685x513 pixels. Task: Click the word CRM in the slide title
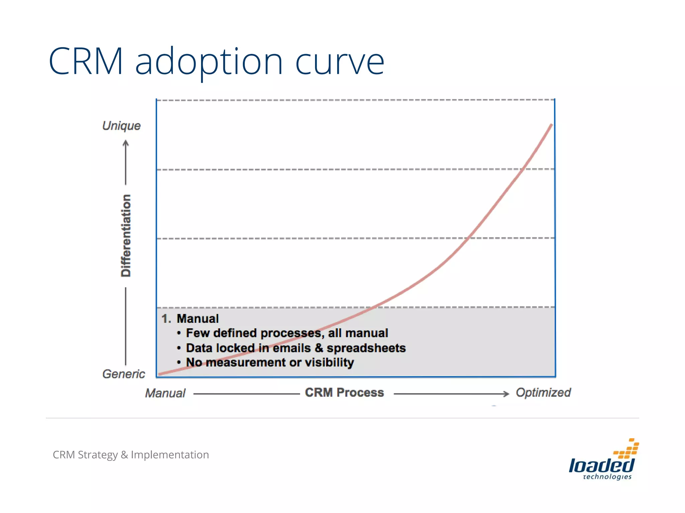[x=86, y=62]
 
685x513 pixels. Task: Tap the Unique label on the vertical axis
[x=121, y=126]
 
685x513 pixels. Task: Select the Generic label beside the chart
[x=123, y=374]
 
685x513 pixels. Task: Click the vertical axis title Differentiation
[x=126, y=235]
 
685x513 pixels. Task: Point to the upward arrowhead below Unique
[x=126, y=144]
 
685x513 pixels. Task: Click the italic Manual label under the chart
[x=165, y=393]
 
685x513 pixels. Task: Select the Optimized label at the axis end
[x=543, y=392]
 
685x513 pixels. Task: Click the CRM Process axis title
[x=344, y=392]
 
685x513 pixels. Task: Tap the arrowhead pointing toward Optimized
[x=506, y=394]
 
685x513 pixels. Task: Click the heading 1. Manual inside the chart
[x=190, y=319]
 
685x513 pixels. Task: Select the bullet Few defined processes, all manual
[x=287, y=333]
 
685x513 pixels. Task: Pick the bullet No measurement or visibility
[x=270, y=362]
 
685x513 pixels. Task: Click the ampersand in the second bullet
[x=319, y=348]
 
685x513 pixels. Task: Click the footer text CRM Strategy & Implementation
[x=131, y=455]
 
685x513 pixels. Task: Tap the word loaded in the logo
[x=601, y=465]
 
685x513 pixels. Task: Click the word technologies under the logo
[x=607, y=477]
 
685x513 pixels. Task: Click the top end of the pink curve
[x=551, y=125]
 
